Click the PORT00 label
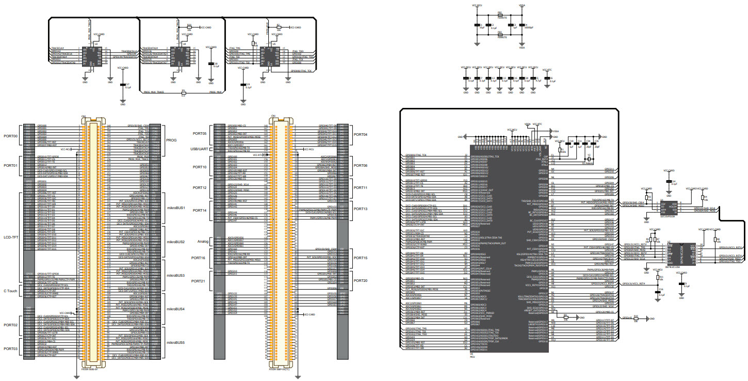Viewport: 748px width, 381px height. click(10, 136)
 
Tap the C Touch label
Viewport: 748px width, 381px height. click(10, 291)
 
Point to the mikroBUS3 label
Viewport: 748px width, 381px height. click(175, 276)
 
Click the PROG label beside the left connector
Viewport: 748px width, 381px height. click(171, 140)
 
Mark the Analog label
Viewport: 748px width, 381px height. click(203, 242)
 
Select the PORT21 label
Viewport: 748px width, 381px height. click(198, 281)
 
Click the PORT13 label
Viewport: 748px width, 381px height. click(361, 209)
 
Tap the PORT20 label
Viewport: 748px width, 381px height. click(361, 281)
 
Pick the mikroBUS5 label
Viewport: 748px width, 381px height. click(175, 343)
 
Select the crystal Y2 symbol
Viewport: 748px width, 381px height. click(589, 159)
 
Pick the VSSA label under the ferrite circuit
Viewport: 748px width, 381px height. click(522, 48)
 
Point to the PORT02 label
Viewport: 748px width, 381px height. click(10, 325)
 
